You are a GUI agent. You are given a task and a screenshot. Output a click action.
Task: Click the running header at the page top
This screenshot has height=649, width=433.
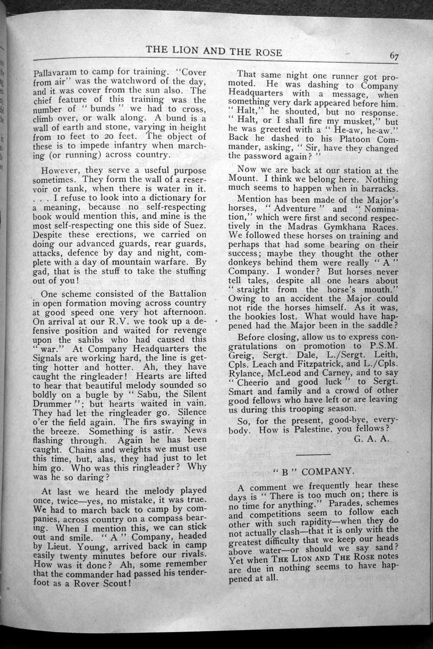point(214,52)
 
